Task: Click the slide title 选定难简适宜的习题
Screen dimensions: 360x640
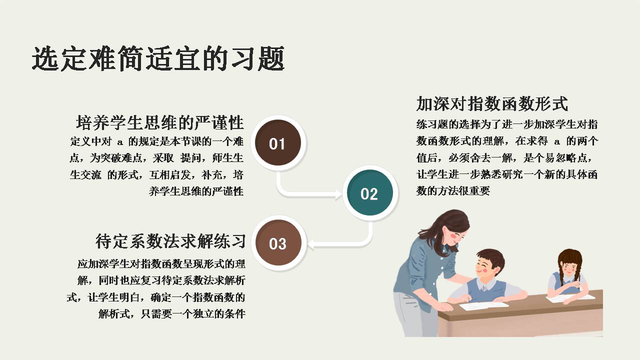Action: (x=158, y=58)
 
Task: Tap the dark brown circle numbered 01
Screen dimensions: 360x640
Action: (x=276, y=143)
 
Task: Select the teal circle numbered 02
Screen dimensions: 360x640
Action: (x=370, y=193)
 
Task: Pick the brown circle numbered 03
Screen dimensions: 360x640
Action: (x=277, y=243)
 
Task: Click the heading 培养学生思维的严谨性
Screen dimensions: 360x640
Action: (x=159, y=122)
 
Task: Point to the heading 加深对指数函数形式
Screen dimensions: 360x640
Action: (x=492, y=104)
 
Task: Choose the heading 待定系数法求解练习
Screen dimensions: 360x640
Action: (x=170, y=241)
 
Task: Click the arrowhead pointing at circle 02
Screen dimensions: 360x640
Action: (x=340, y=193)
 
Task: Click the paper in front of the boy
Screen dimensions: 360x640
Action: (x=483, y=304)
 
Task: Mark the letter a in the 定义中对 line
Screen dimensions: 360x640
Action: (x=119, y=141)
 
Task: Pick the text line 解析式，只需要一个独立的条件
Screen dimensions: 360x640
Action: (x=171, y=314)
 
